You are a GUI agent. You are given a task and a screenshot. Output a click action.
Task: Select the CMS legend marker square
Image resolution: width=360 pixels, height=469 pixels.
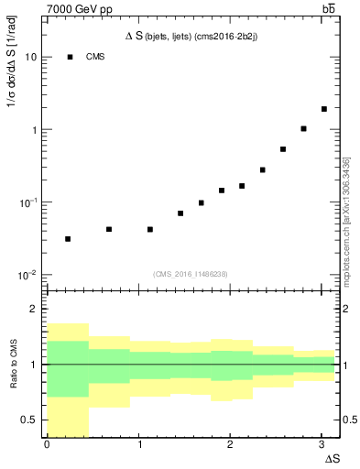pos(70,57)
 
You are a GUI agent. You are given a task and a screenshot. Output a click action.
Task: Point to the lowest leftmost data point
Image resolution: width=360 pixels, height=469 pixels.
pos(68,239)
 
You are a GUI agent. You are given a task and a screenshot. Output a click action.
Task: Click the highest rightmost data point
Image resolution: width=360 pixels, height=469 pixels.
pos(324,109)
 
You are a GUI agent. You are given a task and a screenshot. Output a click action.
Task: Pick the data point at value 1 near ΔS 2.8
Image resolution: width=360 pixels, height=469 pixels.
pos(303,129)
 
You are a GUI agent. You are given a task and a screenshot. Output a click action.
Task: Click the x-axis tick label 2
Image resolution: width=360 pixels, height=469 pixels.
pos(233,444)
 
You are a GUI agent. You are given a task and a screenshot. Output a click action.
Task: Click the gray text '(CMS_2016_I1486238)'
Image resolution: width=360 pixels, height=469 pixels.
pos(191,273)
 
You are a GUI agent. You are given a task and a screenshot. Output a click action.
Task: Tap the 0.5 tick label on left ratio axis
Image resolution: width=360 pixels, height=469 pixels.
pos(30,420)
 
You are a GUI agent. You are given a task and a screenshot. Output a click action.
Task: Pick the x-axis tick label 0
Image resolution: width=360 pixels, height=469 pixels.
pos(47,444)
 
